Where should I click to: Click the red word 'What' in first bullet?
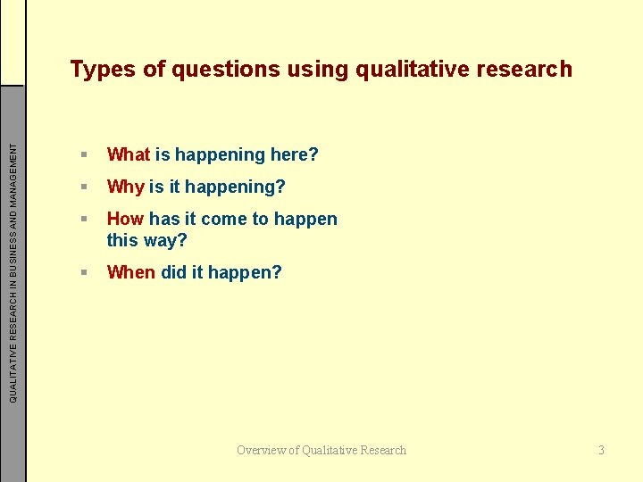point(129,154)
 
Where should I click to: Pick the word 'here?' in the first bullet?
point(294,154)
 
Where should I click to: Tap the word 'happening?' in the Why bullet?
point(237,187)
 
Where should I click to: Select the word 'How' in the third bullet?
point(126,219)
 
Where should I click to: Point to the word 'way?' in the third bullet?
point(167,240)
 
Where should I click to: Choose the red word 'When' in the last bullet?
point(130,272)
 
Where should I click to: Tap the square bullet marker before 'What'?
point(83,155)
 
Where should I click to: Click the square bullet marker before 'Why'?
point(83,187)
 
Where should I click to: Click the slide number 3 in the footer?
point(601,450)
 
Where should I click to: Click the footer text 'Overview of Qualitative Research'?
point(321,450)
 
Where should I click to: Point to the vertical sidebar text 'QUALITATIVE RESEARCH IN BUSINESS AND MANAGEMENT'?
point(13,268)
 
